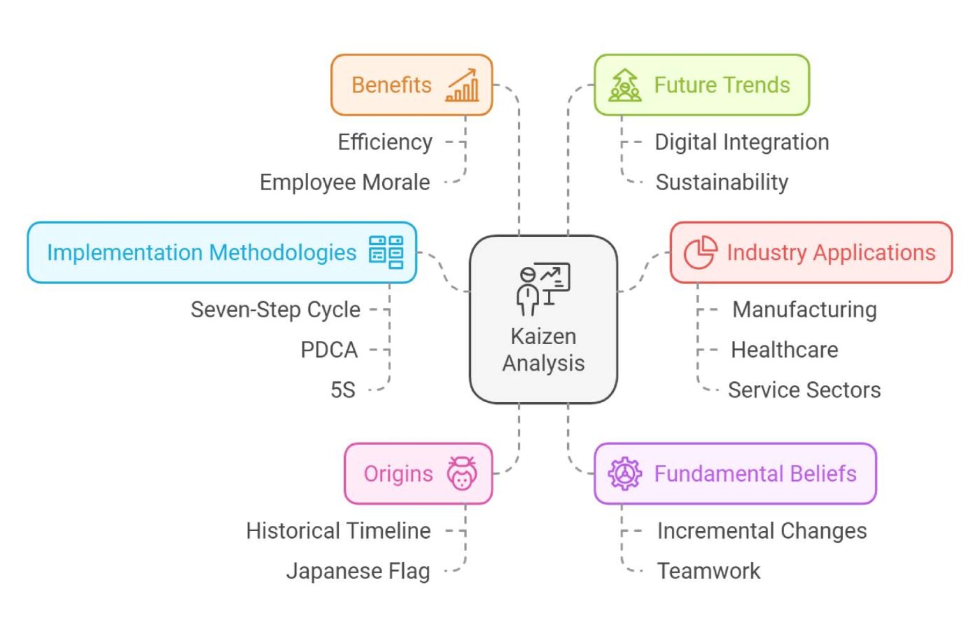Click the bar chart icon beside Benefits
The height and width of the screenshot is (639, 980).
pyautogui.click(x=463, y=86)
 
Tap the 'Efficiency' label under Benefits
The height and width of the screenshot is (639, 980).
pyautogui.click(x=385, y=142)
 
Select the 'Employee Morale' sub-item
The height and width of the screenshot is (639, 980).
pyautogui.click(x=345, y=183)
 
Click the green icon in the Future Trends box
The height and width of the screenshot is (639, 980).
pyautogui.click(x=625, y=86)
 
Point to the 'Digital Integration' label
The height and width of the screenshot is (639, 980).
pyautogui.click(x=741, y=142)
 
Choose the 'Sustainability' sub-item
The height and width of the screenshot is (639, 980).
pyautogui.click(x=722, y=183)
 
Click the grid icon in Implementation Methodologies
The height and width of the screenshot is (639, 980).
pyautogui.click(x=386, y=252)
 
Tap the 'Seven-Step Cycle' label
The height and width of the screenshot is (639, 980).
pyautogui.click(x=276, y=310)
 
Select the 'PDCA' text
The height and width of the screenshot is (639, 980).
pyautogui.click(x=329, y=350)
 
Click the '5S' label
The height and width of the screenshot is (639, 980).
pyautogui.click(x=343, y=389)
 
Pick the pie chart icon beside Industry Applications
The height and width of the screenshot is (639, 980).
pyautogui.click(x=700, y=252)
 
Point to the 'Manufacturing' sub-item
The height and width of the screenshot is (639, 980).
pyautogui.click(x=804, y=310)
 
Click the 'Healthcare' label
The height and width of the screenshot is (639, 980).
pyautogui.click(x=784, y=350)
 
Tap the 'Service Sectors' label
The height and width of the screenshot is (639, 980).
pyautogui.click(x=804, y=389)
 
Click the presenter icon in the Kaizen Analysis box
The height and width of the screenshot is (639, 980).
pyautogui.click(x=543, y=289)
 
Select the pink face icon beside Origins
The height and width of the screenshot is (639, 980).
pyautogui.click(x=462, y=474)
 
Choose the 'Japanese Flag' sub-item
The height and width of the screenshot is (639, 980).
pyautogui.click(x=357, y=571)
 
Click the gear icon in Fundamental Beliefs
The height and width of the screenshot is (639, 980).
pyautogui.click(x=625, y=474)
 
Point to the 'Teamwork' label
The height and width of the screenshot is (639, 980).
pyautogui.click(x=708, y=571)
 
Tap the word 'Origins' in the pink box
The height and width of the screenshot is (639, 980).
pyautogui.click(x=398, y=474)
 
